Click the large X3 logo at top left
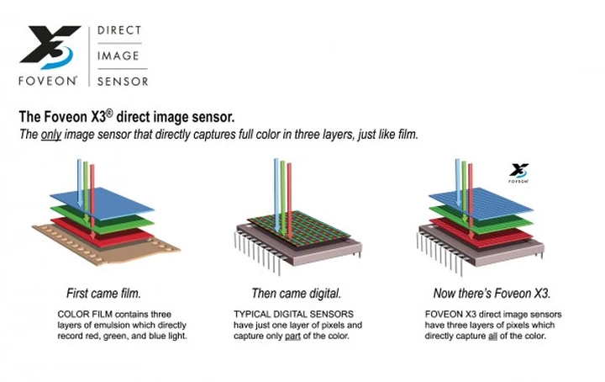coord(50,46)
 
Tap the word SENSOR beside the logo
coord(123,82)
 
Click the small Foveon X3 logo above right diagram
coord(518,173)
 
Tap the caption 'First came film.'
coord(105,294)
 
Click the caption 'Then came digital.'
coord(296,294)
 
